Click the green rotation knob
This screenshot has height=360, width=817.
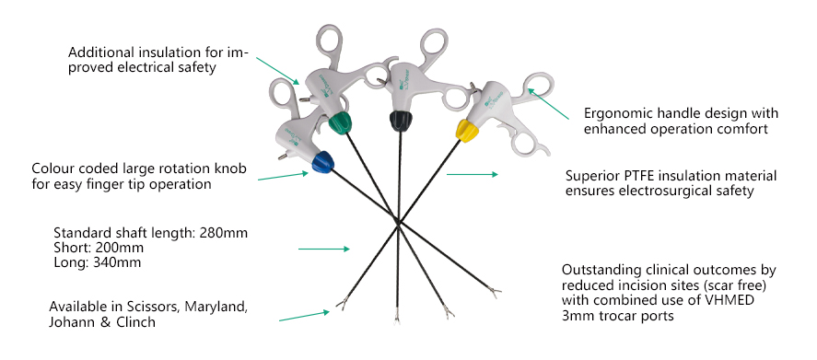click(x=341, y=122)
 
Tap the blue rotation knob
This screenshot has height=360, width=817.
click(x=321, y=163)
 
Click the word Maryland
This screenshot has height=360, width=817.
click(x=211, y=306)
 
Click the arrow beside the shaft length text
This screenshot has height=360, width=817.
click(x=323, y=248)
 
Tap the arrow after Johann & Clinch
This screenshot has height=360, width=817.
click(x=303, y=316)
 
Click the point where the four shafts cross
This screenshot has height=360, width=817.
click(x=397, y=221)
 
